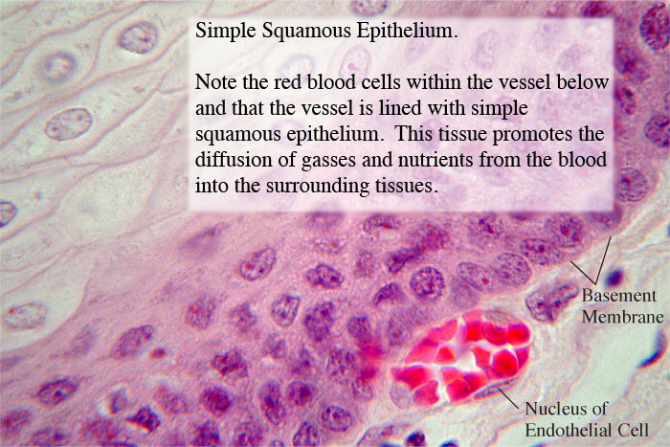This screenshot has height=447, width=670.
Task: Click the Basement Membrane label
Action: tap(622, 306)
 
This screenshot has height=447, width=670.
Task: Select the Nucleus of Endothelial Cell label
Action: tap(587, 419)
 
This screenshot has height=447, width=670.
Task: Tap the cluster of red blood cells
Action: tap(461, 357)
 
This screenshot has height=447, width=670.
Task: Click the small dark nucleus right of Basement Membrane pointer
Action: tap(614, 277)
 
